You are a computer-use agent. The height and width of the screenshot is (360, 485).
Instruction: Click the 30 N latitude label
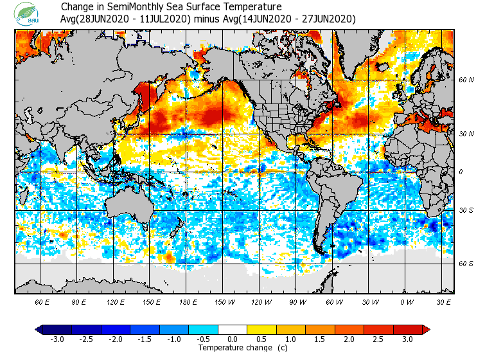pyautogui.click(x=466, y=133)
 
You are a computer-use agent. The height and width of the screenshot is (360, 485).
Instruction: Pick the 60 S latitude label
pyautogui.click(x=466, y=264)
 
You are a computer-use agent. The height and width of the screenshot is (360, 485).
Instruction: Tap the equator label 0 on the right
pyautogui.click(x=461, y=172)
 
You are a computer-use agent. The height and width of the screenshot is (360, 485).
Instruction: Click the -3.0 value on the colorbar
pyautogui.click(x=57, y=339)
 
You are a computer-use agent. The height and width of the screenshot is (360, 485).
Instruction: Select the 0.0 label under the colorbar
pyautogui.click(x=233, y=339)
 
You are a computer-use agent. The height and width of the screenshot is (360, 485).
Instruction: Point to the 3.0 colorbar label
pyautogui.click(x=408, y=339)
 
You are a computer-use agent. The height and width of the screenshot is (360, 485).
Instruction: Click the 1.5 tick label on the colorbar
pyautogui.click(x=320, y=339)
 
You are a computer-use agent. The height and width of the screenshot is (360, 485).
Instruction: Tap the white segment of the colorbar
pyautogui.click(x=233, y=330)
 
